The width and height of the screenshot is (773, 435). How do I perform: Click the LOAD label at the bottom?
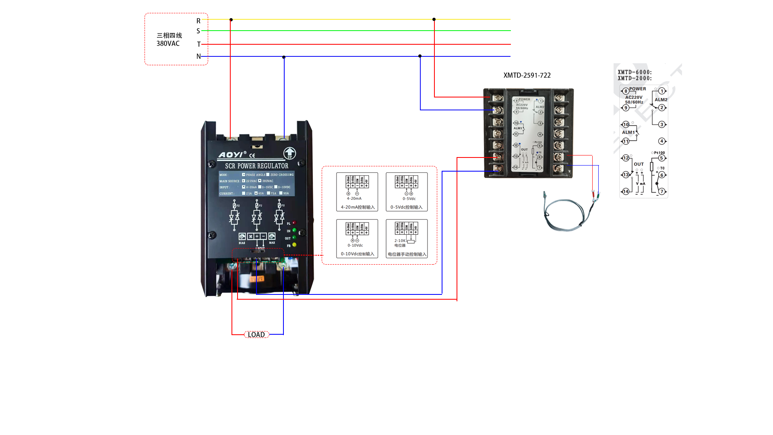(256, 335)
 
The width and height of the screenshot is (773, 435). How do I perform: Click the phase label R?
(198, 21)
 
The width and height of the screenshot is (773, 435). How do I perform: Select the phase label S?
(198, 31)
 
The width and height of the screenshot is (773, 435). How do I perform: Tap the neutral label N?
(198, 56)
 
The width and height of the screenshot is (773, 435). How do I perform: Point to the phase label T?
(198, 44)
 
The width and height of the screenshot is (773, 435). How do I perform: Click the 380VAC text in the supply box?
(168, 43)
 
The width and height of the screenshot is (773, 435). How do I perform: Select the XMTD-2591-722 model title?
(527, 75)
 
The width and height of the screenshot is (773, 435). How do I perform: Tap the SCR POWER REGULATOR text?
(256, 166)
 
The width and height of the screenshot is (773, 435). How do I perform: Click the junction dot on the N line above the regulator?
(284, 57)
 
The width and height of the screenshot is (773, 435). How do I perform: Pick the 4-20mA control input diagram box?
(357, 192)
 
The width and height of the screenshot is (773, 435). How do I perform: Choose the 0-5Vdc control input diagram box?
(407, 192)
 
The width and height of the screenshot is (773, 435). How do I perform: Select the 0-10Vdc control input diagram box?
(357, 238)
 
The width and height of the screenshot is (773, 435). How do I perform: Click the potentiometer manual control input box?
(407, 238)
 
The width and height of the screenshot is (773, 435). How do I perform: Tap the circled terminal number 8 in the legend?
(626, 91)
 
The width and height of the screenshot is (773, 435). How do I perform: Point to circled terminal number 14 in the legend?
(626, 191)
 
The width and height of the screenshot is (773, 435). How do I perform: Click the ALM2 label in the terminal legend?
(661, 99)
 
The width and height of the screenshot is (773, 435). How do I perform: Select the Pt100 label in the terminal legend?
(659, 153)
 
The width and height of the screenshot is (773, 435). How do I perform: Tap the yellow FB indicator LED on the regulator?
(294, 244)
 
